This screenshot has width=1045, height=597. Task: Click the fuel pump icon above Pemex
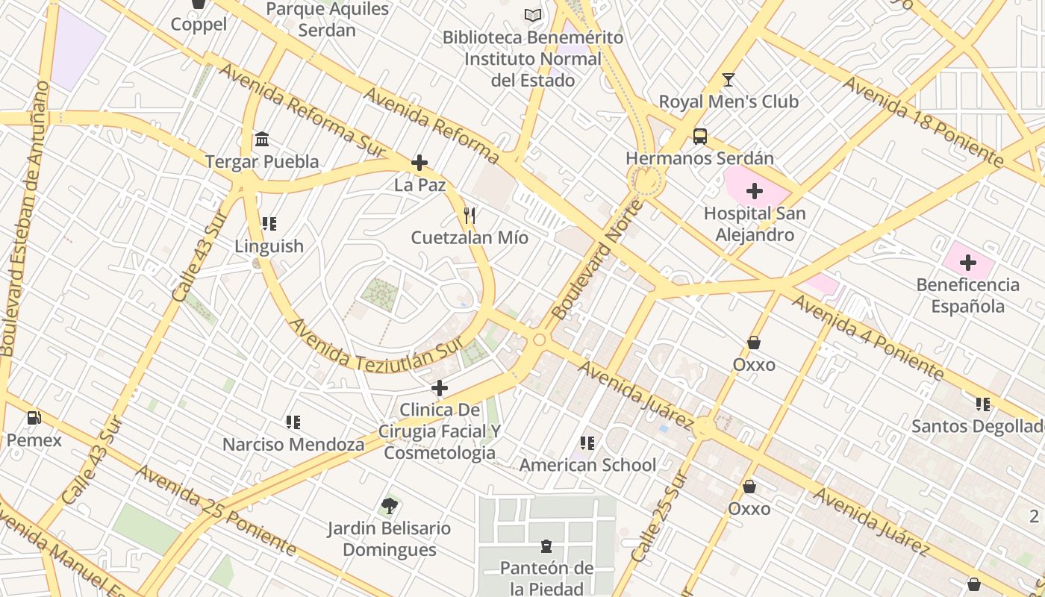(34, 418)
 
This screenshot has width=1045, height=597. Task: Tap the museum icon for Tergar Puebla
(262, 140)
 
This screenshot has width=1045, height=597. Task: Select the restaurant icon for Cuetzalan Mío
(470, 216)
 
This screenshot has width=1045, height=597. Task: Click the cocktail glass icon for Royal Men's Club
(729, 79)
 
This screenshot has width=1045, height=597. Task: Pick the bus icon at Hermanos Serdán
(699, 137)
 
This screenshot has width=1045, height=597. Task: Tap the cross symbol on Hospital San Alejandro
(755, 191)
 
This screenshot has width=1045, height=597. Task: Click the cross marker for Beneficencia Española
(967, 263)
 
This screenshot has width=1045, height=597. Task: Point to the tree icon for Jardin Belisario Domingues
(389, 506)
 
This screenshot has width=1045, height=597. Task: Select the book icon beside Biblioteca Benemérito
(532, 15)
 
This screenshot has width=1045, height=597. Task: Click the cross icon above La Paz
(419, 163)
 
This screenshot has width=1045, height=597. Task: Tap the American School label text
(587, 465)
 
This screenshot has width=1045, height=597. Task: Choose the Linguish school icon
(269, 224)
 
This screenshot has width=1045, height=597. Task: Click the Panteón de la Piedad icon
(546, 546)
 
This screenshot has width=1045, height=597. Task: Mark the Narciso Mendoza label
(293, 445)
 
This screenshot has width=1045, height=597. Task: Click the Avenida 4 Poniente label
(867, 336)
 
